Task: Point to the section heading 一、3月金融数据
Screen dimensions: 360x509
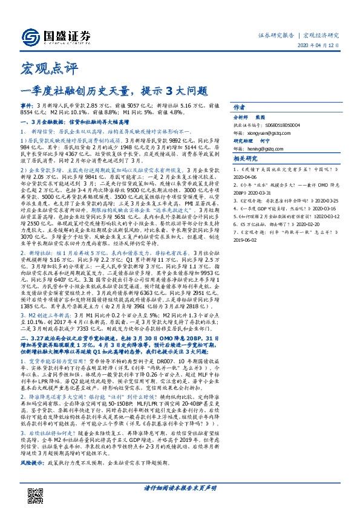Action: [x=48, y=122]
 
